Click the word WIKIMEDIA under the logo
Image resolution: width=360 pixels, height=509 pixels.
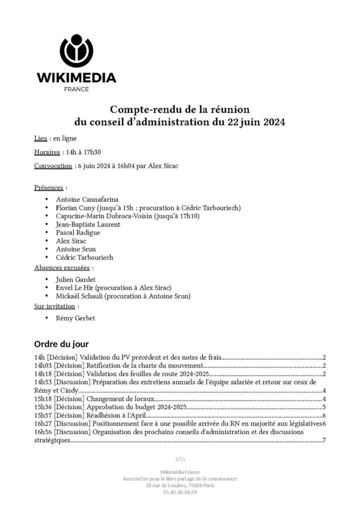pos(77,78)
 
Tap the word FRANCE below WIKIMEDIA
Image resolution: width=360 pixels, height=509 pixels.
pos(77,89)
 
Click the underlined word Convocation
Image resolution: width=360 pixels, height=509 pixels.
pos(53,166)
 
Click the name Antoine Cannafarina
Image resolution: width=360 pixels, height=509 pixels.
pos(87,199)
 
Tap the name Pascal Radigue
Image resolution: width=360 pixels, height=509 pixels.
pos(78,232)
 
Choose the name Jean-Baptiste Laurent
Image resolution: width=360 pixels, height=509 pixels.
pos(88,224)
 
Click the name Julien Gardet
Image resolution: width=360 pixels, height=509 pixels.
pos(76,279)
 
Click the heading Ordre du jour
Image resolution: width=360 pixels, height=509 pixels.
pos(61,343)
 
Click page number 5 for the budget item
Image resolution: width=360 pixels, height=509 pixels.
pos(324,407)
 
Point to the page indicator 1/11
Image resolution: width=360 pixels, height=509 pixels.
pos(180,458)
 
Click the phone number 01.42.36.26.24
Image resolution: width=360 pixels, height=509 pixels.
pos(180,492)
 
